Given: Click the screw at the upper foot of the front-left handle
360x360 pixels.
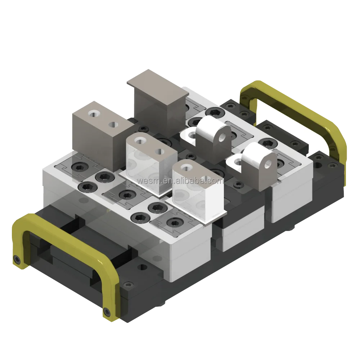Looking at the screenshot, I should pyautogui.click(x=17, y=259).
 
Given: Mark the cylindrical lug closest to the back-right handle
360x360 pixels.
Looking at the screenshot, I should pyautogui.click(x=257, y=162).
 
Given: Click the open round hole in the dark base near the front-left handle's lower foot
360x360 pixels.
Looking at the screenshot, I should pyautogui.click(x=144, y=267).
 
